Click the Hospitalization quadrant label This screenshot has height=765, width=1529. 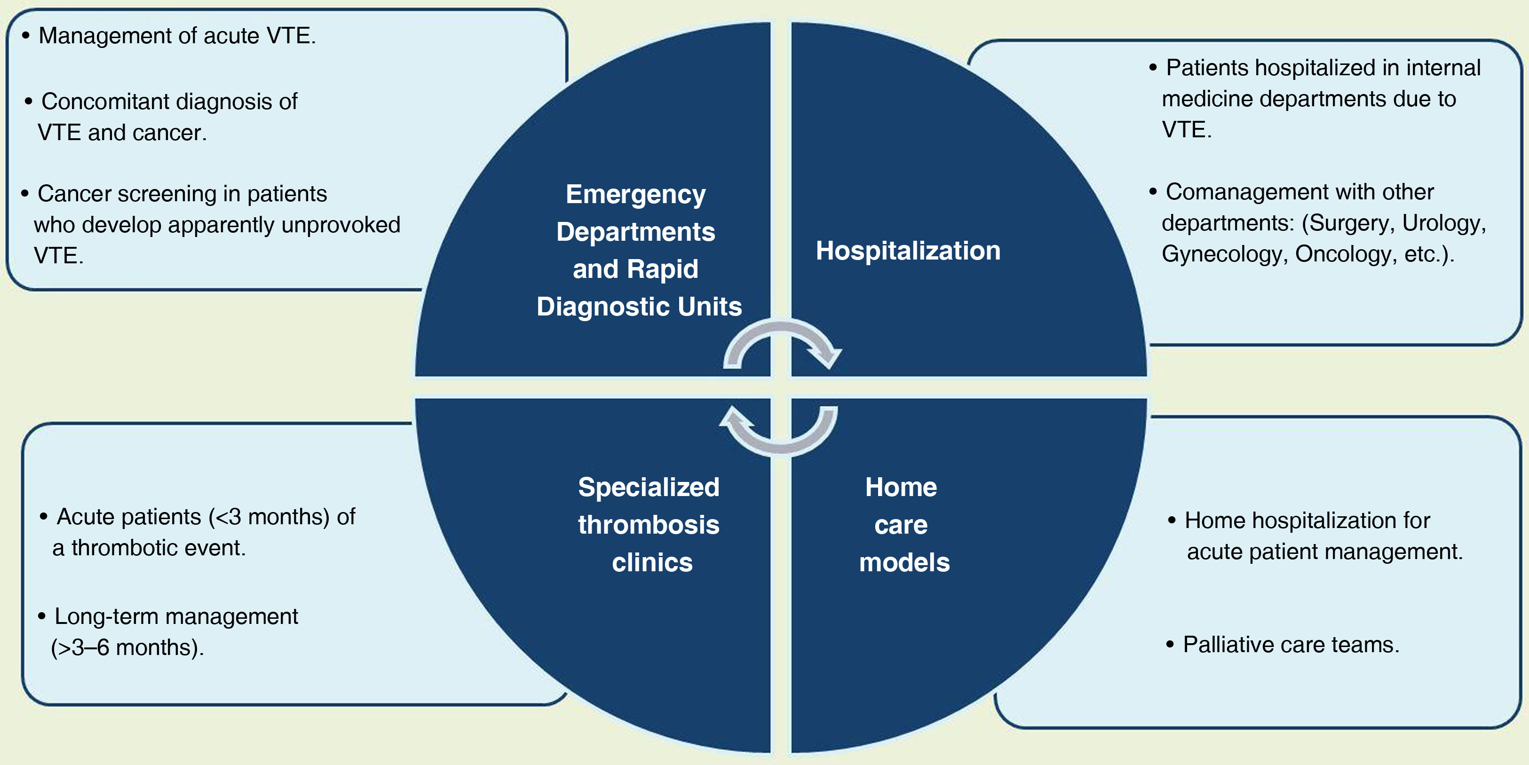(x=908, y=251)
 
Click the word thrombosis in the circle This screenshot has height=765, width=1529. (x=648, y=525)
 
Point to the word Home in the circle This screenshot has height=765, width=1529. (x=901, y=487)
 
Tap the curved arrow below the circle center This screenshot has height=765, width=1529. (x=780, y=432)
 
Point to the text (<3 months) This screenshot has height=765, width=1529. (x=269, y=517)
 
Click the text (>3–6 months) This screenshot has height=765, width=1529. (x=127, y=647)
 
